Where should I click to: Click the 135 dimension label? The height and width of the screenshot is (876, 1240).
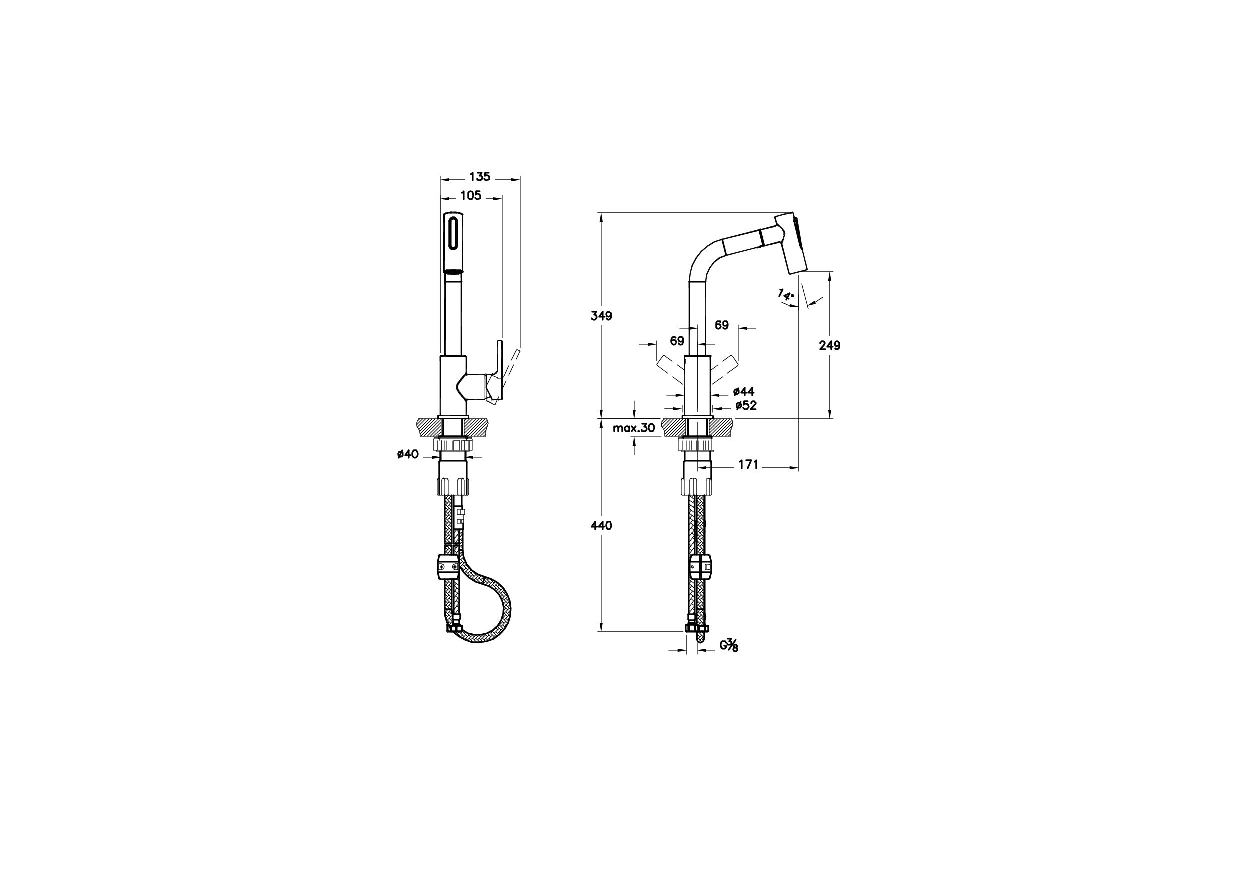click(480, 176)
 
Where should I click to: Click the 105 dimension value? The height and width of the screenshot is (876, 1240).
click(470, 195)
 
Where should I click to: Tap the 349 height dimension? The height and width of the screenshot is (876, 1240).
click(602, 316)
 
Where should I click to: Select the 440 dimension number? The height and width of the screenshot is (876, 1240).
click(602, 525)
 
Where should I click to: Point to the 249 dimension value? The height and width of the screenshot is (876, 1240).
click(829, 345)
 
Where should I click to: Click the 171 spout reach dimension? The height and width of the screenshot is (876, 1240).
click(748, 464)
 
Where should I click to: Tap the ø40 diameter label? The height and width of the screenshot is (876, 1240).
click(408, 454)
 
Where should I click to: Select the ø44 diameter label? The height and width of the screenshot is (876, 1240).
click(744, 392)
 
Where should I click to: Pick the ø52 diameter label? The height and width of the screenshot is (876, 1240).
click(746, 405)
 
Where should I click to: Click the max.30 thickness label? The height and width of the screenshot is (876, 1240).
click(634, 428)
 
